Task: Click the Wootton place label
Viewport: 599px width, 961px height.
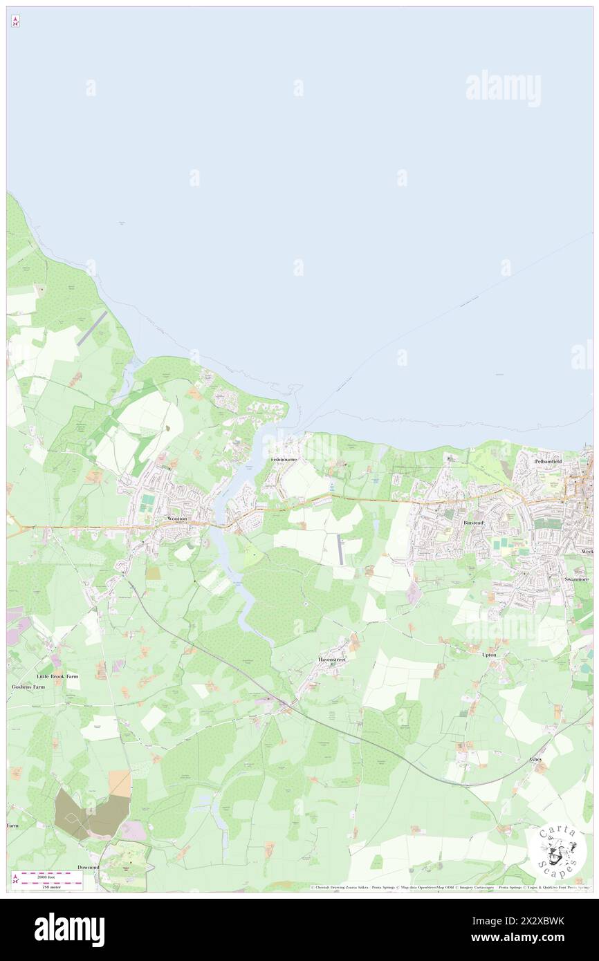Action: pos(177,518)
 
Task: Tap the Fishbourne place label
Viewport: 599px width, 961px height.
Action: pos(284,459)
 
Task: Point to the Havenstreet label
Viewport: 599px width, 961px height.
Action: pos(332,660)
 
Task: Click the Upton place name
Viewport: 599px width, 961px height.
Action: pos(489,654)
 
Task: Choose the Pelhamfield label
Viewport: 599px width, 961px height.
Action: pos(548,461)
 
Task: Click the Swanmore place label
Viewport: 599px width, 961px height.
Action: pos(576,579)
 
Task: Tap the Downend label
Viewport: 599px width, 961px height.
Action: pos(88,866)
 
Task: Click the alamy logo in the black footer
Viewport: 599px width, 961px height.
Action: pos(69,929)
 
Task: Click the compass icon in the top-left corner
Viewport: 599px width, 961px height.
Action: pos(15,21)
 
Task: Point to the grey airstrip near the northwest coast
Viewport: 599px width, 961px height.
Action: pos(93,328)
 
